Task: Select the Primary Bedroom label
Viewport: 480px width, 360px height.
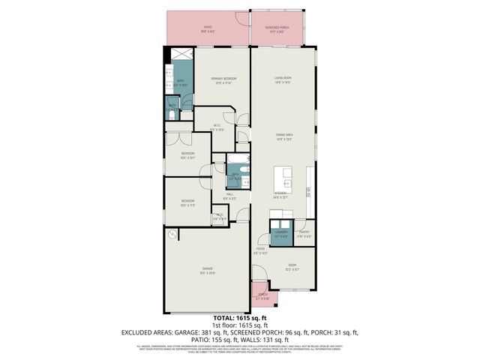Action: (x=222, y=79)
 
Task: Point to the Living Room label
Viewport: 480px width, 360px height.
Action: (x=282, y=79)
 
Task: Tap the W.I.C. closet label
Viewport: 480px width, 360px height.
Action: (x=216, y=127)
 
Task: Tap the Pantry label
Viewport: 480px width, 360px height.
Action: (x=304, y=233)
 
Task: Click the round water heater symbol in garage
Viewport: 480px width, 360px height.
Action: (x=172, y=235)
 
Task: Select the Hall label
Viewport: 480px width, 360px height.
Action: (x=230, y=196)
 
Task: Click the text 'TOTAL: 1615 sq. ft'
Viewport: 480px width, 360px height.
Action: (x=240, y=318)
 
